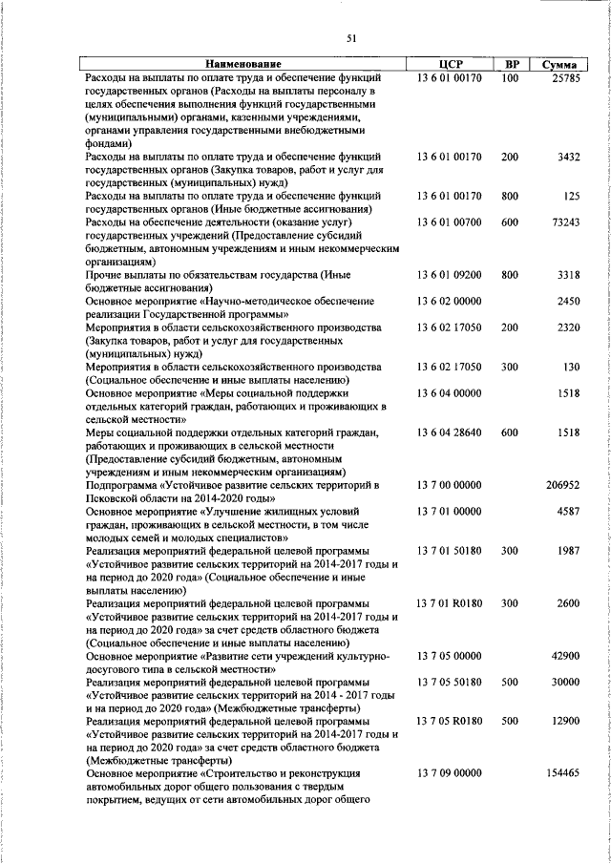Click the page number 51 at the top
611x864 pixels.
coord(351,38)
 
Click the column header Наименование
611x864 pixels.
coord(242,65)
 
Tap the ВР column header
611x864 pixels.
coord(511,65)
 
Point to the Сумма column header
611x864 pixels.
coord(558,65)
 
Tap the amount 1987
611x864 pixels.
coord(568,551)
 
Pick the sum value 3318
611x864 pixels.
coord(568,275)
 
